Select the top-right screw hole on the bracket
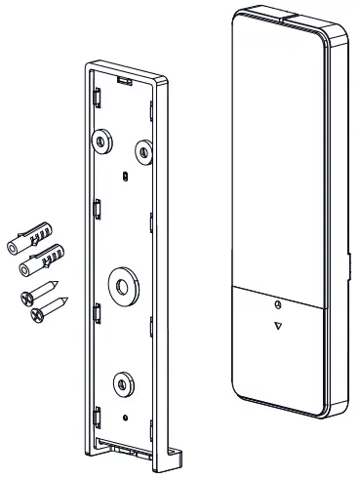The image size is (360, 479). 142,149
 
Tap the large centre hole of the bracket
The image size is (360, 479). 121,286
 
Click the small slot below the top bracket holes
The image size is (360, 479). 127,177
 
